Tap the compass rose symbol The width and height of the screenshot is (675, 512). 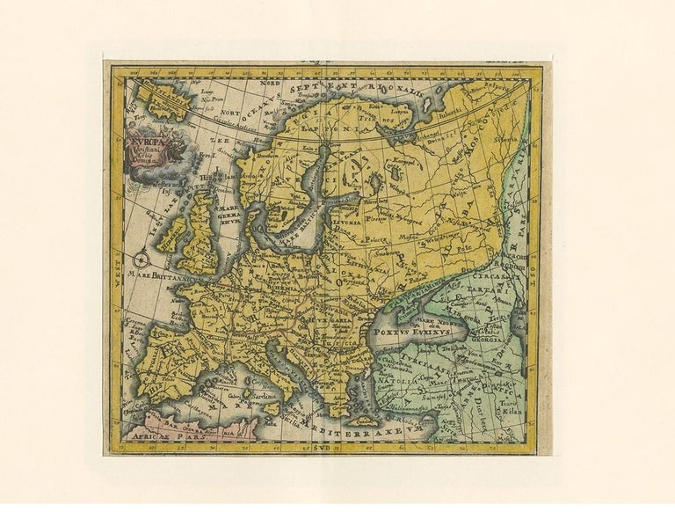click(141, 259)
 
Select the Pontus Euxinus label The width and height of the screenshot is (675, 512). click(411, 333)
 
